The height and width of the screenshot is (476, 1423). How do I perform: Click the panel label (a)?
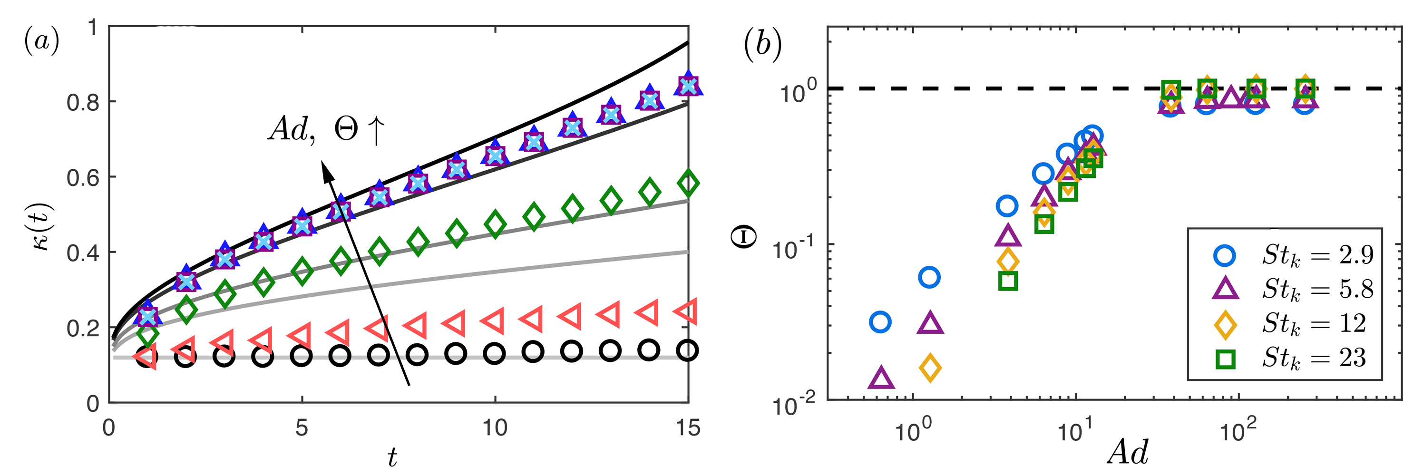41,42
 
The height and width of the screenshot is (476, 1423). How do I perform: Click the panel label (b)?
763,44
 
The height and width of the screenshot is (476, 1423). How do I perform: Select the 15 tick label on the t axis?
688,428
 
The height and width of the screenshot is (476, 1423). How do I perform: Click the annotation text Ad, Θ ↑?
326,130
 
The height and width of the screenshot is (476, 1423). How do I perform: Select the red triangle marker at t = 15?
687,311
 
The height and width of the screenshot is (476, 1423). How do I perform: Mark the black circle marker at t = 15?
687,350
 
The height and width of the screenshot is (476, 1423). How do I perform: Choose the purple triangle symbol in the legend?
1225,289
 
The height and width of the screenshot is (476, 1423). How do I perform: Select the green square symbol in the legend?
1225,359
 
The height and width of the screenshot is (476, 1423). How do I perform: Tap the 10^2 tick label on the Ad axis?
1238,430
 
